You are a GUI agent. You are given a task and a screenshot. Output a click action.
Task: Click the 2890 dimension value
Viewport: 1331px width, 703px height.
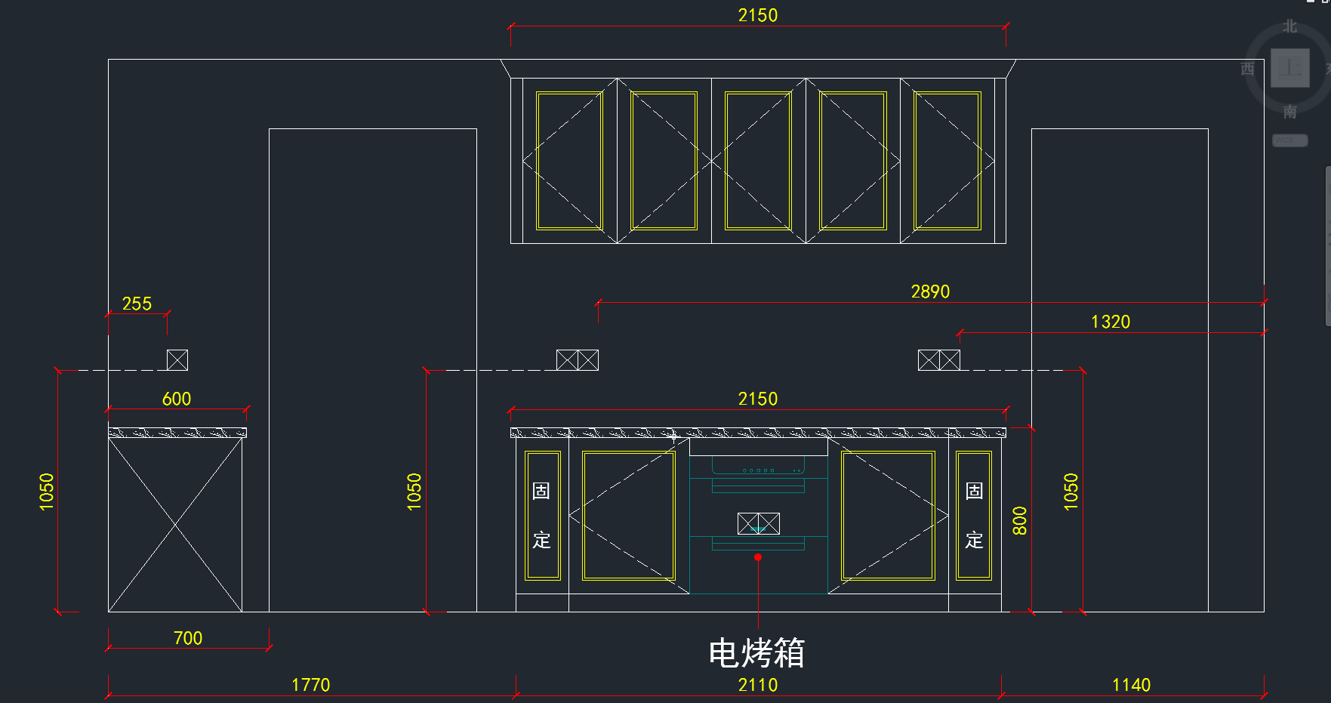click(930, 291)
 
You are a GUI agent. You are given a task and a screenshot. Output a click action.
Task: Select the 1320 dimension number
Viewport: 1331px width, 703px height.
click(1110, 322)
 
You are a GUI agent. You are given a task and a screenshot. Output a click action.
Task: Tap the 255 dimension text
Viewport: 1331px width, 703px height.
click(137, 304)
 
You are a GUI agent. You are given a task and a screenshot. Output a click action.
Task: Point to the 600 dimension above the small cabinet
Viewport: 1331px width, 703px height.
click(177, 399)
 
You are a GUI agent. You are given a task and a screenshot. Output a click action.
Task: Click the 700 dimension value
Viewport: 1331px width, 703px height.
click(188, 638)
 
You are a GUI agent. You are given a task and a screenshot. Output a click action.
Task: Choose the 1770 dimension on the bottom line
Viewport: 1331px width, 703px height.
click(310, 685)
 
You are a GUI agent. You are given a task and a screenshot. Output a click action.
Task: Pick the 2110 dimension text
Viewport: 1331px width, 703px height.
click(757, 685)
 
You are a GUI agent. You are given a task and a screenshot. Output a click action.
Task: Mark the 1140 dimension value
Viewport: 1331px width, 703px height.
click(1131, 685)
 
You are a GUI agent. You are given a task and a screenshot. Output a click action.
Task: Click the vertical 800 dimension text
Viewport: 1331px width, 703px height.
click(1019, 521)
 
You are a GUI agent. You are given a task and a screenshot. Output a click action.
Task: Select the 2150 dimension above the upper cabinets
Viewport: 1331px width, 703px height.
click(757, 15)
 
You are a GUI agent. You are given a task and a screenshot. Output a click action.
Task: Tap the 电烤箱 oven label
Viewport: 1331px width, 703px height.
click(756, 653)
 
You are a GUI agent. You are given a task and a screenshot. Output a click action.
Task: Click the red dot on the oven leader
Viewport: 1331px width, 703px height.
click(758, 557)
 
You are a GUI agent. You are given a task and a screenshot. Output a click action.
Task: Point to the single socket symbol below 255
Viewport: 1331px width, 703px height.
click(177, 360)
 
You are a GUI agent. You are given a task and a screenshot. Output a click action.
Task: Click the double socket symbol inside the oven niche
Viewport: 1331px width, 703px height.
click(758, 523)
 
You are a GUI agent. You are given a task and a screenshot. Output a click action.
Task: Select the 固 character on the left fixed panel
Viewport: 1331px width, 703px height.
click(541, 491)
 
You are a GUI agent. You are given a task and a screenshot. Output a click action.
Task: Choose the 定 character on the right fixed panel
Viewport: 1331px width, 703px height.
click(974, 540)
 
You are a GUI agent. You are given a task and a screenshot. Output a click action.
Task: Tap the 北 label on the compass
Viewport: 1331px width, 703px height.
click(1289, 26)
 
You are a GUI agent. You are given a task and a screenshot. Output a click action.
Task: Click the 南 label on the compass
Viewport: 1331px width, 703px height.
click(1289, 112)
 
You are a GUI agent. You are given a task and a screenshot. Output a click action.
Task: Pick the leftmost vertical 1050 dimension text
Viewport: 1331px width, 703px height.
click(47, 492)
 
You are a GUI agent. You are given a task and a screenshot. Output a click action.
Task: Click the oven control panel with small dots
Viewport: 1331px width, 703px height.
click(758, 470)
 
